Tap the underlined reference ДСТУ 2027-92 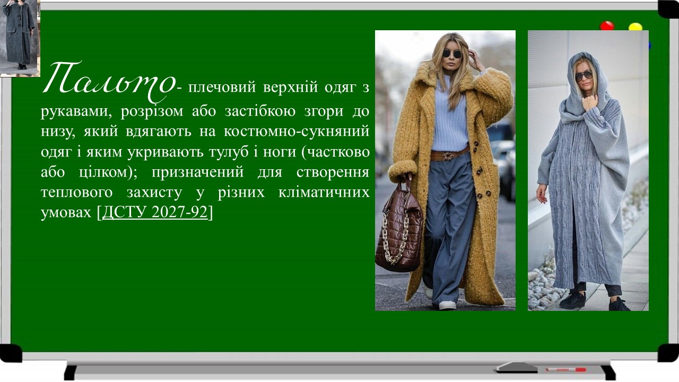click(x=154, y=212)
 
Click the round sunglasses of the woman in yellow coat click(x=452, y=54)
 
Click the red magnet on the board click(x=606, y=26)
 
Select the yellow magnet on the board click(x=635, y=27)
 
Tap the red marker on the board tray click(x=565, y=369)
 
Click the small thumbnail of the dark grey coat click(x=20, y=37)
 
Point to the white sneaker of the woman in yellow click(x=447, y=305)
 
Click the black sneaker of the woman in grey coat click(x=572, y=300)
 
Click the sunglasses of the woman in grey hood click(x=584, y=76)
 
